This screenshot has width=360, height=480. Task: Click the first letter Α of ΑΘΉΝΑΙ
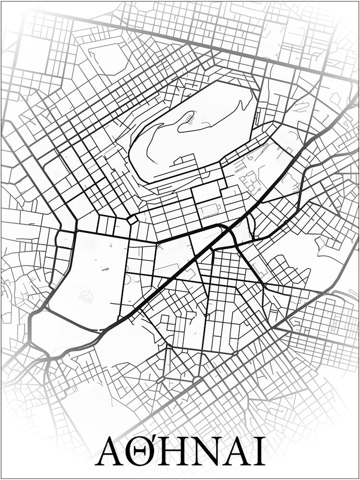click(112, 451)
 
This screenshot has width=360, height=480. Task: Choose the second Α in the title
click(235, 451)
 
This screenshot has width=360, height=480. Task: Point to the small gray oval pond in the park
click(105, 270)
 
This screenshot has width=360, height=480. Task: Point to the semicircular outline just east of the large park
click(128, 279)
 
